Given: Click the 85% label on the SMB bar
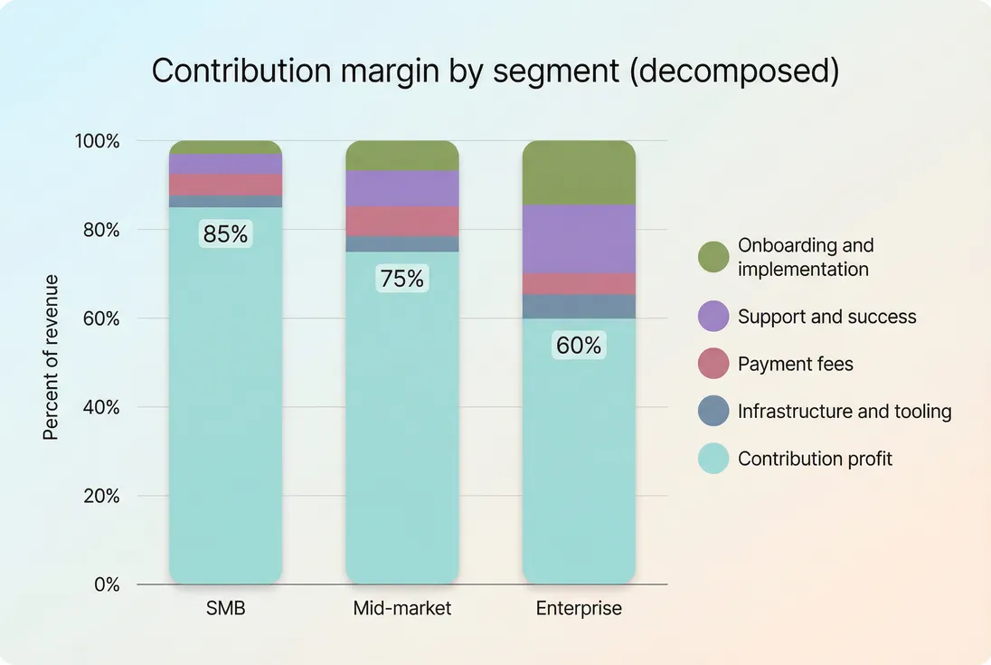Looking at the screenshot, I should [x=225, y=234].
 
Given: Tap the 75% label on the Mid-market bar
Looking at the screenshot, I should [x=401, y=279].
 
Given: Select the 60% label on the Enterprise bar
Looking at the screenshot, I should [x=579, y=346].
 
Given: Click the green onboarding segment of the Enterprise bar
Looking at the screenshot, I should [x=579, y=173].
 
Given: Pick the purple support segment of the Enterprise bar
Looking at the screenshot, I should [x=579, y=239].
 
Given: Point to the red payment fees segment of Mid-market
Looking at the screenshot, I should [x=401, y=221].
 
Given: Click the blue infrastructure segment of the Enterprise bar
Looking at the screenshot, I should [x=579, y=306].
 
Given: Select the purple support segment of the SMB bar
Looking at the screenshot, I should [x=225, y=164].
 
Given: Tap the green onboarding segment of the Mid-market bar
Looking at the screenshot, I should [x=401, y=156].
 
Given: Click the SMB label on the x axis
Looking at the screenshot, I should [x=225, y=608].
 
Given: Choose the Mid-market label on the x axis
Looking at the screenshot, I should [x=401, y=608].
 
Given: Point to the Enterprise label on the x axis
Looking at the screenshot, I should [x=579, y=608].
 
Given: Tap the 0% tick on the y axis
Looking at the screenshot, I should [x=106, y=584].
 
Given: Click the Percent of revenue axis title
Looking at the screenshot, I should [x=51, y=357].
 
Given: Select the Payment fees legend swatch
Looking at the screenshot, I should [x=713, y=364].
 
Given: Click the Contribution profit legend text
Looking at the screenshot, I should [x=815, y=459].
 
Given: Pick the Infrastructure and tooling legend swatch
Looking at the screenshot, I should [x=713, y=412].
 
